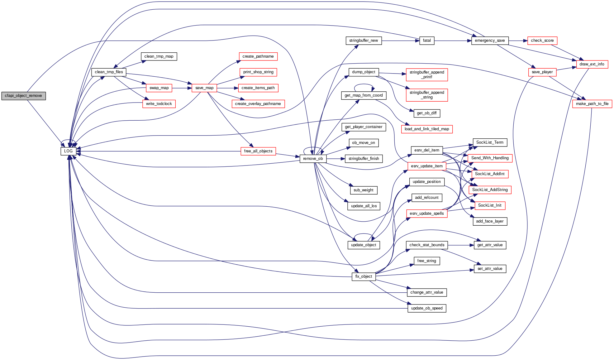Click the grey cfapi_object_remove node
pyautogui.click(x=23, y=96)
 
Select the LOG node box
pyautogui.click(x=68, y=151)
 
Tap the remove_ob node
pyautogui.click(x=313, y=159)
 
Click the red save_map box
pyautogui.click(x=204, y=88)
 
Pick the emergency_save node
pyautogui.click(x=490, y=41)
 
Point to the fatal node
pyautogui.click(x=427, y=41)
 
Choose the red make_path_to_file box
pyautogui.click(x=592, y=104)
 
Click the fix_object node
pyautogui.click(x=364, y=276)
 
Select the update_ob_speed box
pyautogui.click(x=427, y=308)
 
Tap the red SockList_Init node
pyautogui.click(x=490, y=205)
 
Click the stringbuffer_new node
pyautogui.click(x=364, y=41)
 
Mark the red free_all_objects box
pyautogui.click(x=258, y=151)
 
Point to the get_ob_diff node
pyautogui.click(x=427, y=113)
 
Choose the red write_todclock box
pyautogui.click(x=159, y=104)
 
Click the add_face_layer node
pyautogui.click(x=490, y=221)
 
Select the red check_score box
pyautogui.click(x=542, y=41)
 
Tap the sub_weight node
pyautogui.click(x=364, y=190)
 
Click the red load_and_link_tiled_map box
pyautogui.click(x=427, y=129)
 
